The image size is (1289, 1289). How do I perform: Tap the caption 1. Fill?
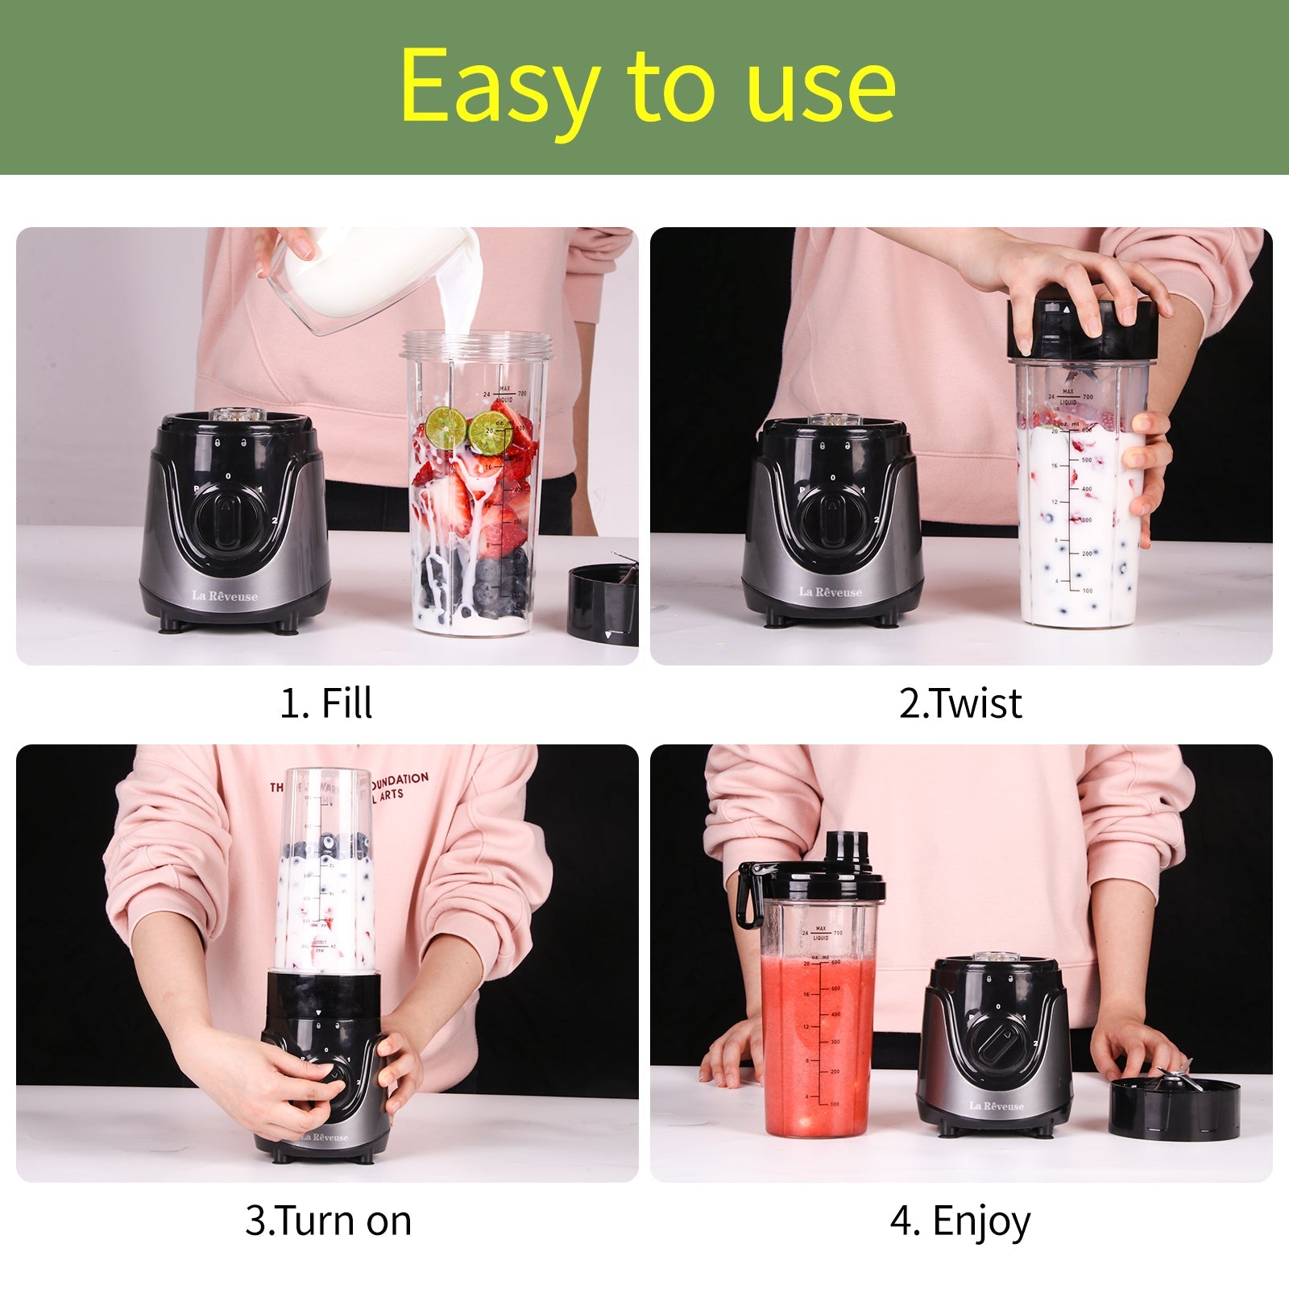325,703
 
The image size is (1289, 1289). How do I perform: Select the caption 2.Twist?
960,703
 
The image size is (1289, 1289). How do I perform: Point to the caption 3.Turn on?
329,1221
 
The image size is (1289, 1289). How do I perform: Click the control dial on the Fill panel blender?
228,517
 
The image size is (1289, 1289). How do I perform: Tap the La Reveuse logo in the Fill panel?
225,596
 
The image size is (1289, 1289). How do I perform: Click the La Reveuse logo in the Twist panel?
831,592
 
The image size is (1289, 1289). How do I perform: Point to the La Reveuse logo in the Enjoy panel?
997,1106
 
